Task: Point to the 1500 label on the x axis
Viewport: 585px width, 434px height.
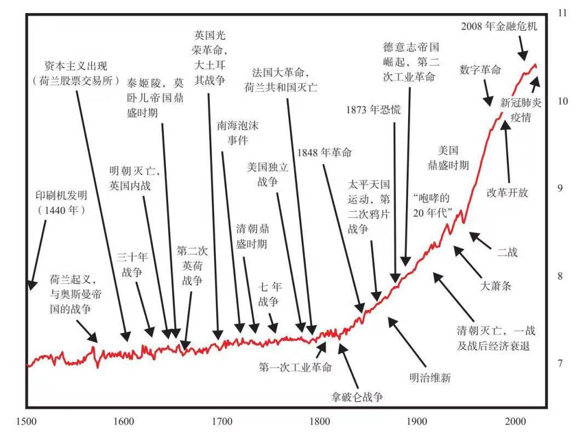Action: point(26,421)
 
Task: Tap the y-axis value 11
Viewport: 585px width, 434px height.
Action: point(561,13)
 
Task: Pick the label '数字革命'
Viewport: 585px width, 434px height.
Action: point(480,70)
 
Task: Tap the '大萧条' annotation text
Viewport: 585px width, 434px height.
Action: point(495,285)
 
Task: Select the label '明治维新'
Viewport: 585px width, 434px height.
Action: point(430,378)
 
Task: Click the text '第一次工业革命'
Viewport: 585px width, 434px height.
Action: point(295,367)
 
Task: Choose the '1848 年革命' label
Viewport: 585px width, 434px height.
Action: point(323,153)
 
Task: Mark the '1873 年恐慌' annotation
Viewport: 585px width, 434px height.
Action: point(373,109)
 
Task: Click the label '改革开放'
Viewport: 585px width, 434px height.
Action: point(507,193)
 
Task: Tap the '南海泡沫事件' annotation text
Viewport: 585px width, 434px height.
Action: point(237,132)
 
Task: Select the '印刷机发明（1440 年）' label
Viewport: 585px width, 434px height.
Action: point(61,202)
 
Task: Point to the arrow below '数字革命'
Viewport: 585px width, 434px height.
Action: point(486,93)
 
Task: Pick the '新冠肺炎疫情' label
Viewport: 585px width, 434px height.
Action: point(520,109)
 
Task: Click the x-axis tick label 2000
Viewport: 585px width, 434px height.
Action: point(515,421)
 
